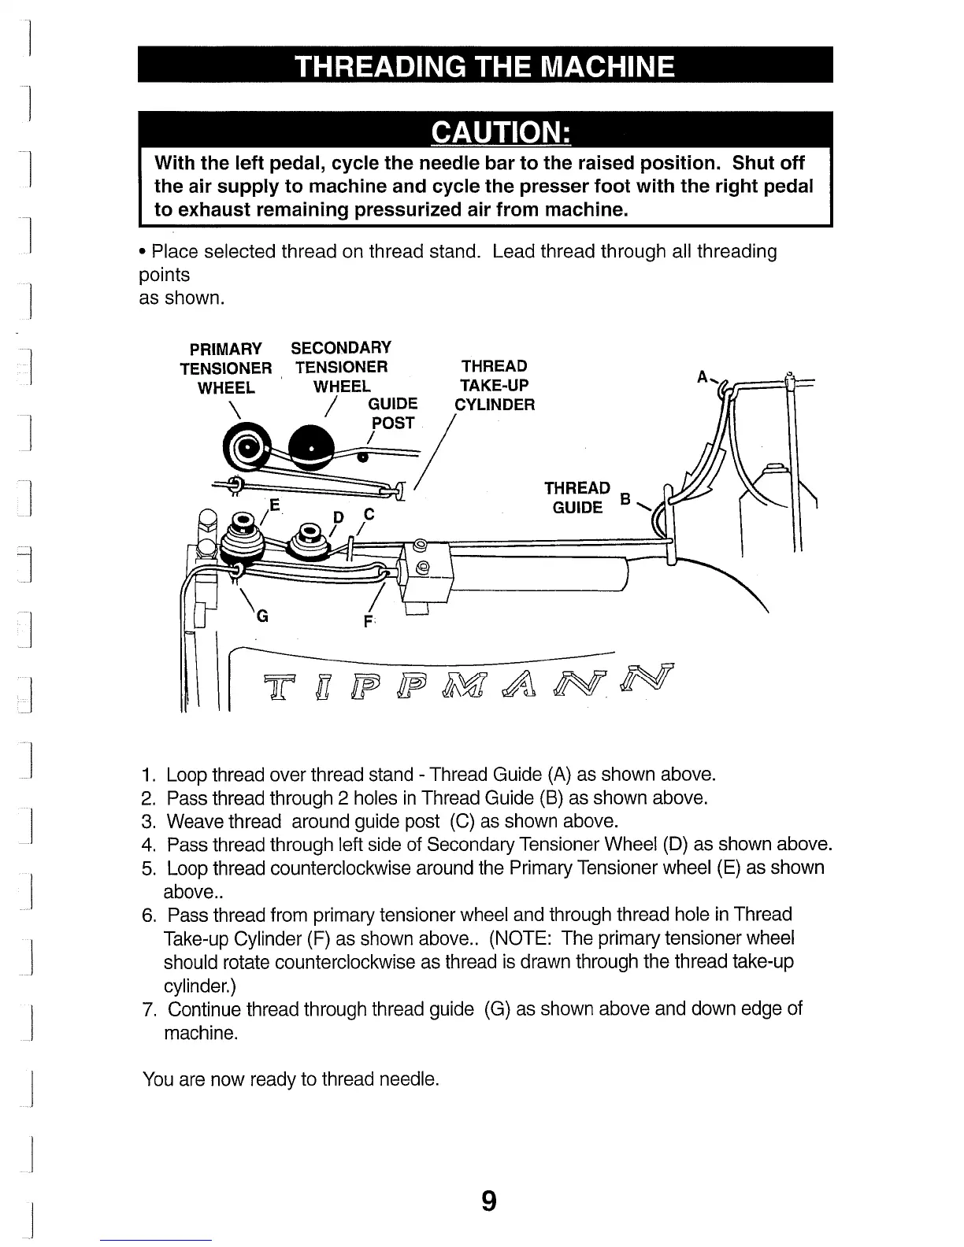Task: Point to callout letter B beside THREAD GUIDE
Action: pyautogui.click(x=626, y=499)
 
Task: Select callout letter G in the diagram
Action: pyautogui.click(x=262, y=617)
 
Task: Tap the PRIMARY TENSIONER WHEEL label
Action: pyautogui.click(x=225, y=368)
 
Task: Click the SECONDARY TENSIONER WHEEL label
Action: pyautogui.click(x=341, y=367)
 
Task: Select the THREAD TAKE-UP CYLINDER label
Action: pyautogui.click(x=495, y=385)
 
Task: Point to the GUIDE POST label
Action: pyautogui.click(x=392, y=413)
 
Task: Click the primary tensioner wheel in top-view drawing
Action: pyautogui.click(x=249, y=448)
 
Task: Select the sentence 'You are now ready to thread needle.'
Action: pyautogui.click(x=290, y=1079)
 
